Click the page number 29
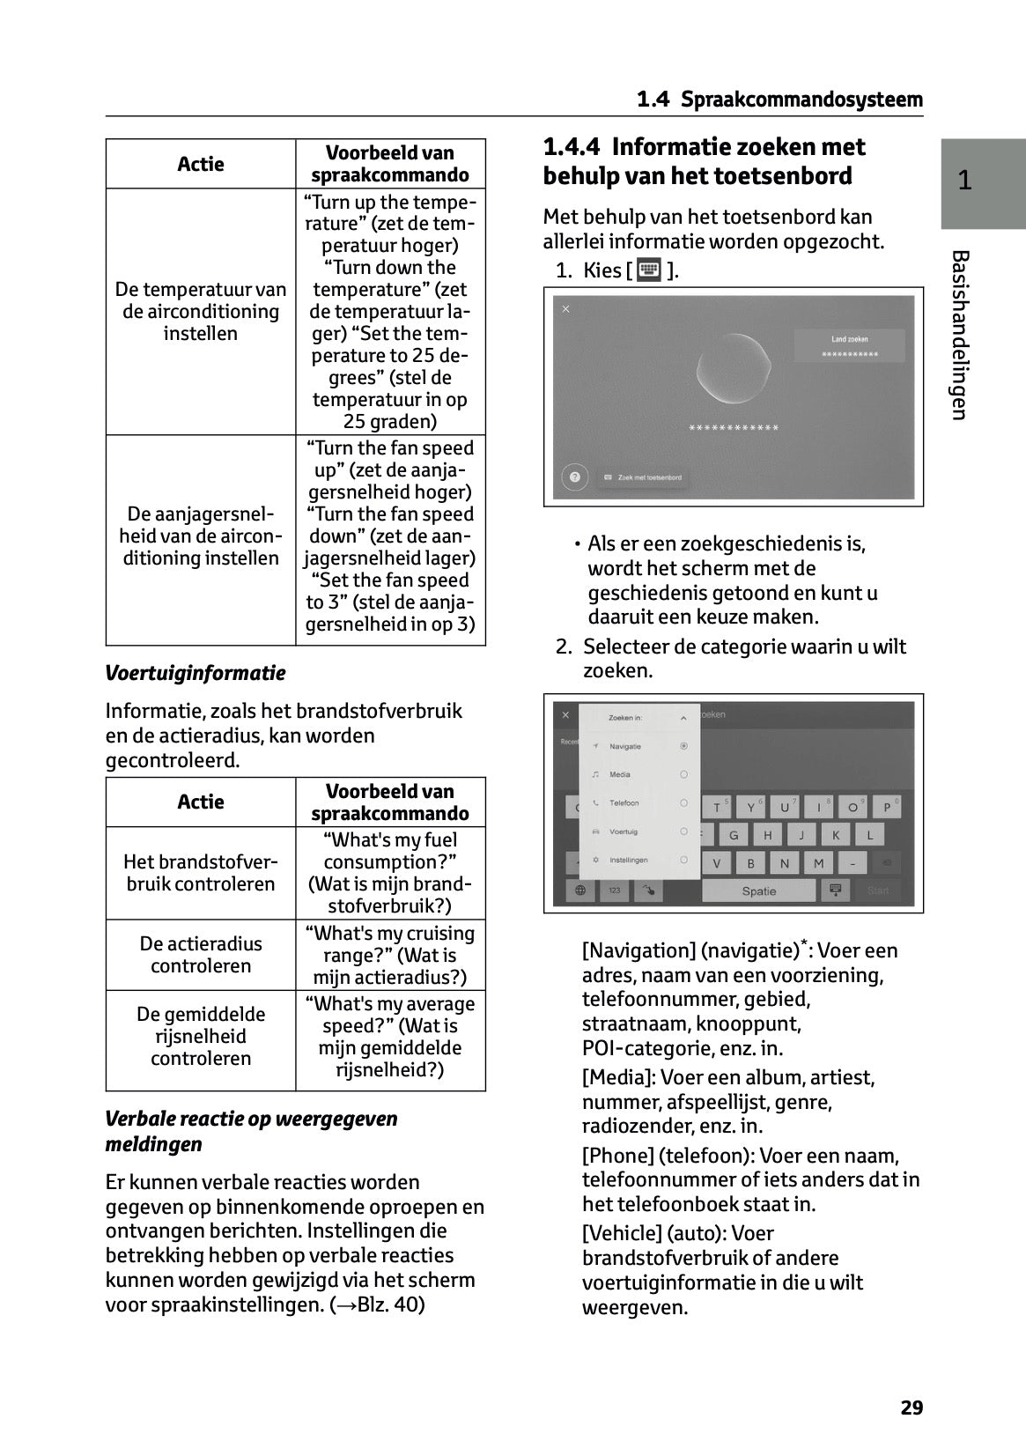coord(912,1407)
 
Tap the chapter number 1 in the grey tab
coord(964,181)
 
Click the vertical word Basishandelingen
coord(961,335)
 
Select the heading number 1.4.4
coord(572,147)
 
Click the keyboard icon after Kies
coord(649,270)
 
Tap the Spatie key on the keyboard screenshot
coord(758,891)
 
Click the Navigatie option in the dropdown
coord(625,746)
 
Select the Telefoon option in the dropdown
coord(624,802)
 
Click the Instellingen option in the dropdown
coord(628,860)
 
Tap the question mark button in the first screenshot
coord(574,477)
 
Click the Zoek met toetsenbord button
coord(643,477)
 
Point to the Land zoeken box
coord(849,345)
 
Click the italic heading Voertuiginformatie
coord(196,673)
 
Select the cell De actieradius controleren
coord(201,955)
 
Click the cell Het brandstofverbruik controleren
coord(201,873)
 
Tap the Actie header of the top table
coord(201,164)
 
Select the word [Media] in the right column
coord(618,1077)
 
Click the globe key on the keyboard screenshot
coord(580,891)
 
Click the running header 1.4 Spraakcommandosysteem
coord(779,100)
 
